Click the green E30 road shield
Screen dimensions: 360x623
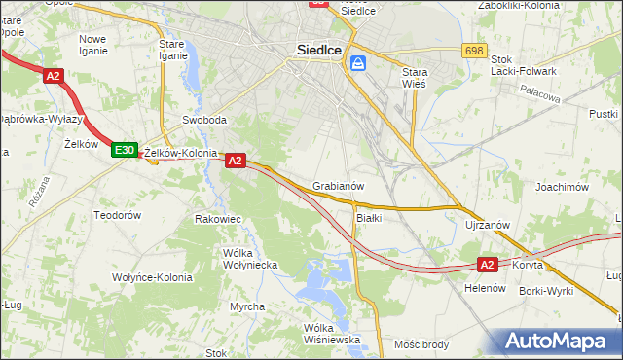(x=124, y=150)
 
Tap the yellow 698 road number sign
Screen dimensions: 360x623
(x=475, y=51)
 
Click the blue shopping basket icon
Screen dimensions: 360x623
(x=359, y=63)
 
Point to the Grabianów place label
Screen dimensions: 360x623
(x=339, y=186)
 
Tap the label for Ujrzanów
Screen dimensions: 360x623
(x=488, y=225)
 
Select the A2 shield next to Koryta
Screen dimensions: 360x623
(x=489, y=264)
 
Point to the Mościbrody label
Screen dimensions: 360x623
(x=421, y=343)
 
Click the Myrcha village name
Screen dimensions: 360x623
(x=247, y=306)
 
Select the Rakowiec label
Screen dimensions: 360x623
(x=218, y=219)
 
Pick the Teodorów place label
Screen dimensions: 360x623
(x=118, y=215)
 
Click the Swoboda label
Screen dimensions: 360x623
(x=204, y=121)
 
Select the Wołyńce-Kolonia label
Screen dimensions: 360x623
(x=151, y=277)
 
